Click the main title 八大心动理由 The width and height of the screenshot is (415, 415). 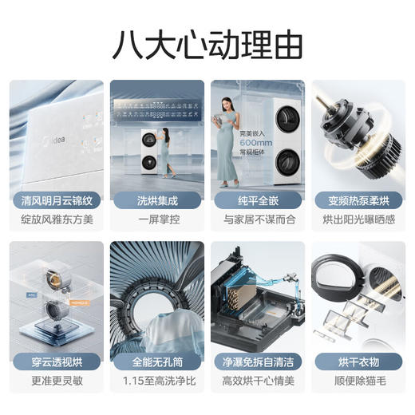[207, 44]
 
